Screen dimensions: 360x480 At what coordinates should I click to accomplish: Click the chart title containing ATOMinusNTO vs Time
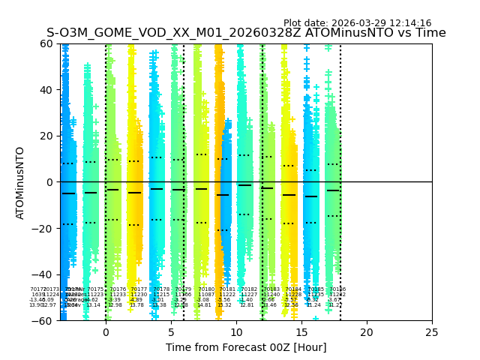(246, 33)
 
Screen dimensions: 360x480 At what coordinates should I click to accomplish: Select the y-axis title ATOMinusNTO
(21, 182)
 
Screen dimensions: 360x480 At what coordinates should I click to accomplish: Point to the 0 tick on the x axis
(106, 331)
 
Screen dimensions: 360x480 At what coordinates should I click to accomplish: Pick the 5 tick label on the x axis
(171, 331)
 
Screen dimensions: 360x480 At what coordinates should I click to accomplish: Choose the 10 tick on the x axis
(236, 331)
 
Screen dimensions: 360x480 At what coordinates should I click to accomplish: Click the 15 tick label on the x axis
(301, 331)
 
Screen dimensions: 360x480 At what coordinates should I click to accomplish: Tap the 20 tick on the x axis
(367, 331)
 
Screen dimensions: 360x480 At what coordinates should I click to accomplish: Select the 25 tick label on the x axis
(432, 331)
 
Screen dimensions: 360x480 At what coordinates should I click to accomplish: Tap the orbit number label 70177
(139, 289)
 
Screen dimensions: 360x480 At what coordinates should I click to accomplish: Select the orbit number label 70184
(293, 289)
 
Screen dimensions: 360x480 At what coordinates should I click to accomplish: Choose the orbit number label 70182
(249, 289)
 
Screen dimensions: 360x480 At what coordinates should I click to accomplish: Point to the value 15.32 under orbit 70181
(224, 305)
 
